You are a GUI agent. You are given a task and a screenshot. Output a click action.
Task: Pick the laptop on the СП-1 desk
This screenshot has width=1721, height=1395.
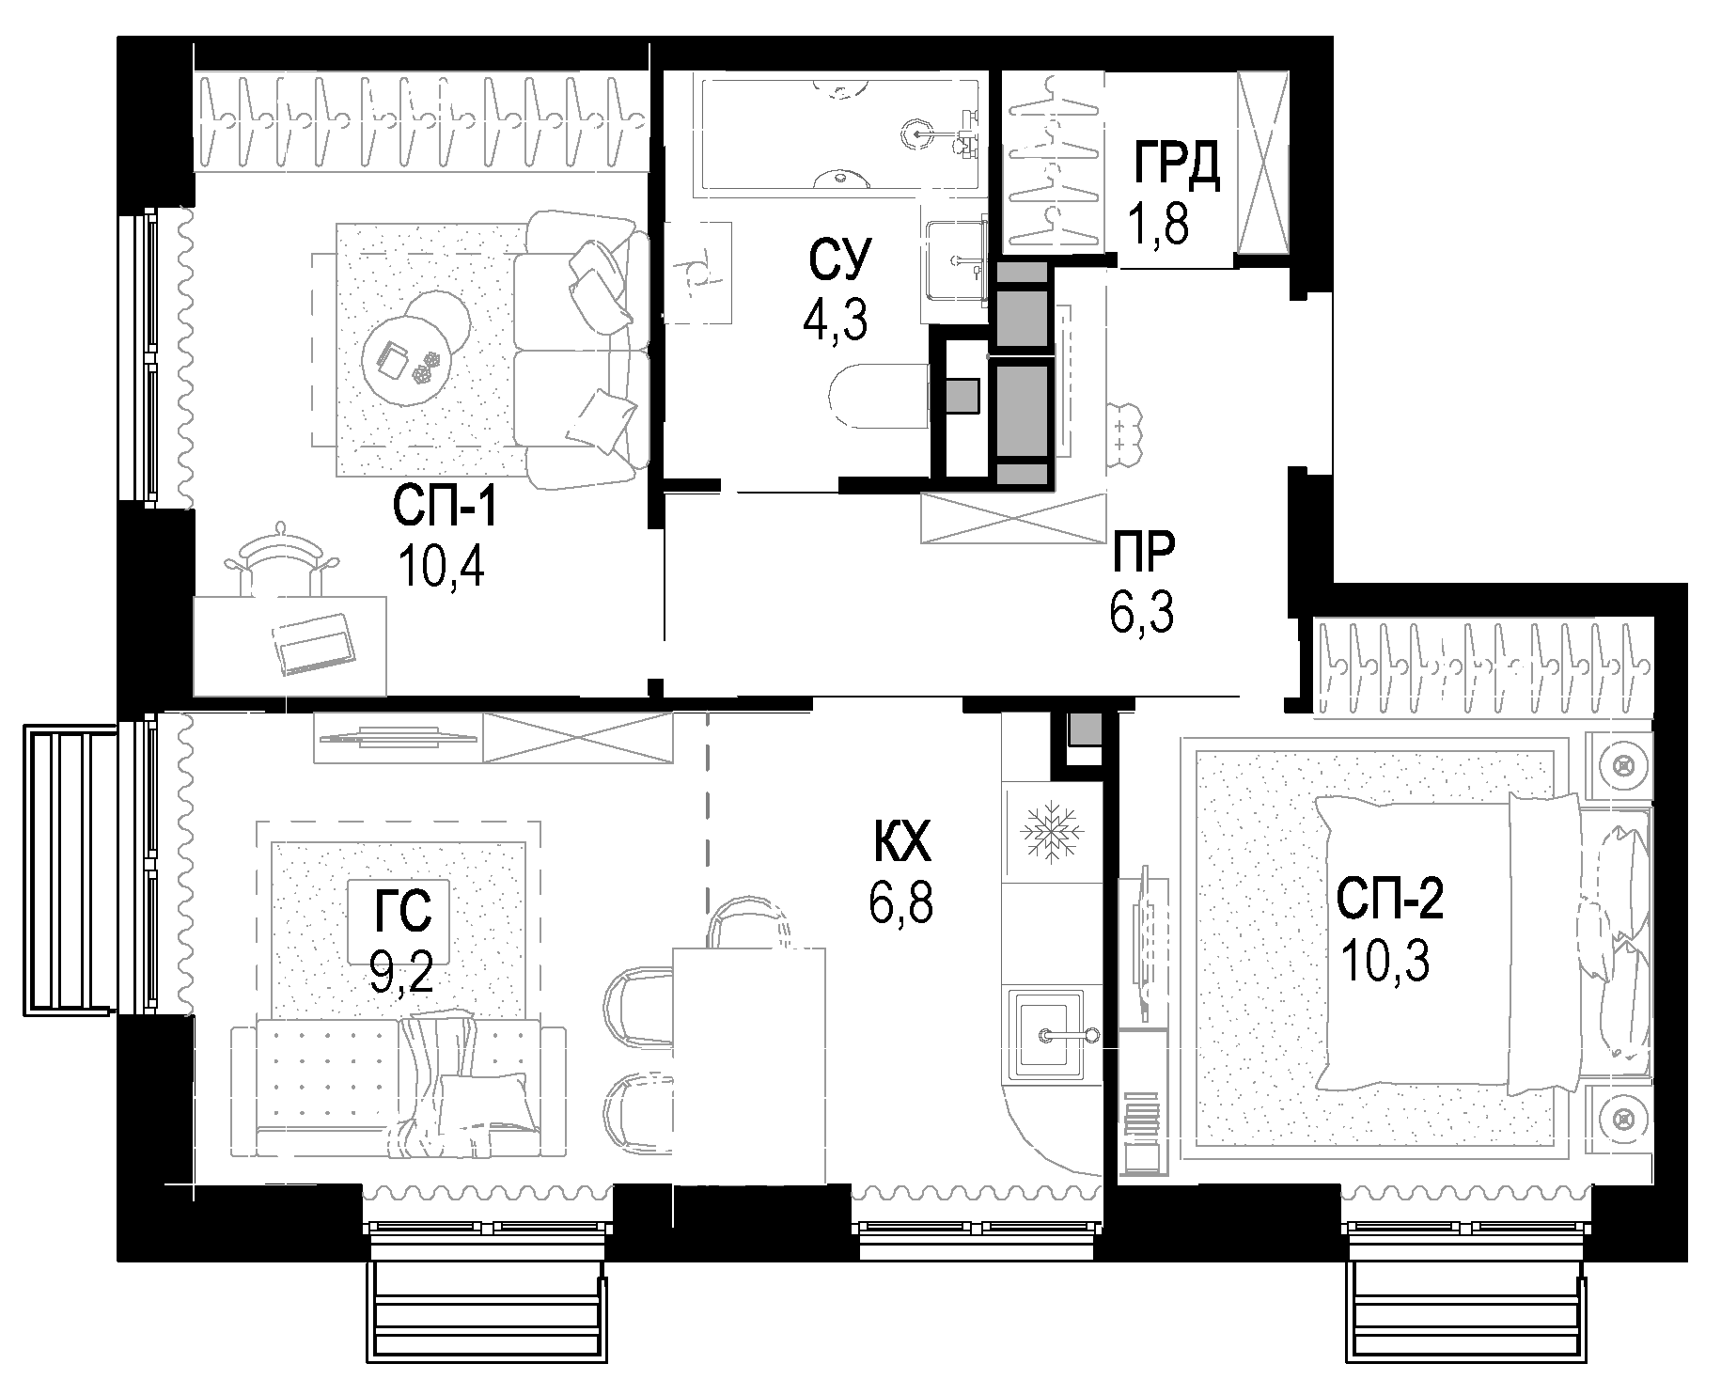(315, 643)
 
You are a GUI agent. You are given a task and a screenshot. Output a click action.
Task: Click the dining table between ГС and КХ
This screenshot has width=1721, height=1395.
(749, 1064)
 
